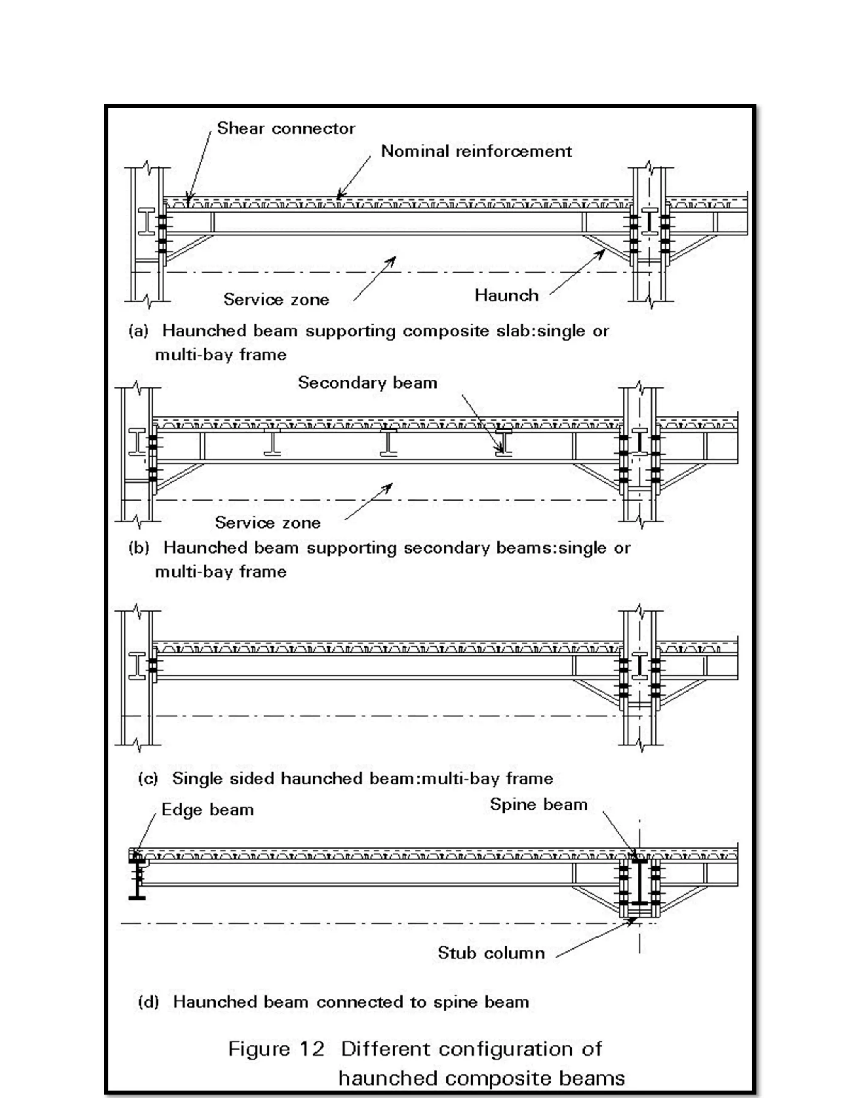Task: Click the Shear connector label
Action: (286, 129)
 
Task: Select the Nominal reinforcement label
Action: (476, 151)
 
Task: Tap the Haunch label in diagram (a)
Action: (506, 295)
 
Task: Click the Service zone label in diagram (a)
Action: (276, 300)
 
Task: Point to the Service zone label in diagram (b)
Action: (267, 523)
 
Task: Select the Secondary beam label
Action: (367, 383)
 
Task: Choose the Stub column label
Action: (491, 953)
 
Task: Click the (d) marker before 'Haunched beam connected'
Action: (148, 1002)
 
